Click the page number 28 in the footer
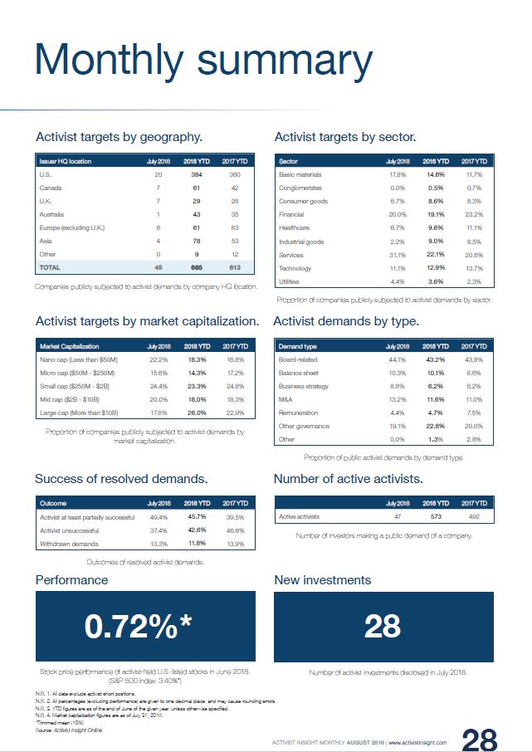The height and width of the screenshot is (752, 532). point(479,740)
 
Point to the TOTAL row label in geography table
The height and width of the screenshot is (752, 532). point(51,267)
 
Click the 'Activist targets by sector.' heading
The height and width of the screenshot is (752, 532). point(344,137)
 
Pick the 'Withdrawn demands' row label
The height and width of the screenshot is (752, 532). point(69,544)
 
